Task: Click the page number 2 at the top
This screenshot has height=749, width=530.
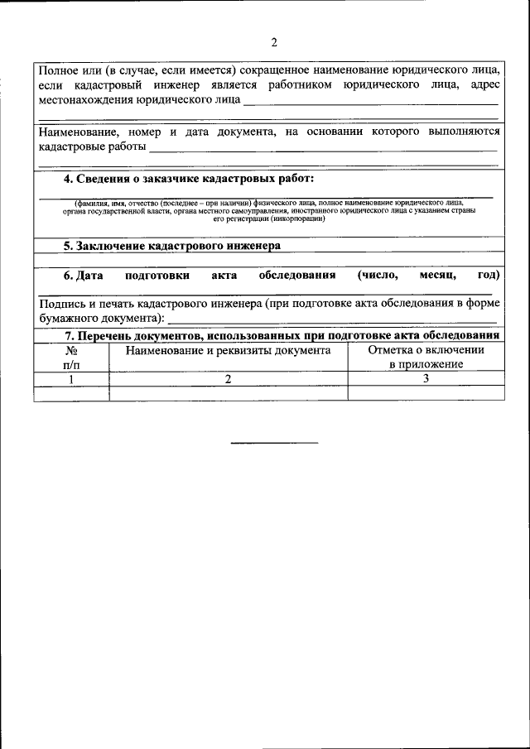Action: [x=274, y=42]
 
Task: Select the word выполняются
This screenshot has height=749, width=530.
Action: [x=463, y=132]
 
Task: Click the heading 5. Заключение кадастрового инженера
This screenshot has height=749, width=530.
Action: [x=172, y=246]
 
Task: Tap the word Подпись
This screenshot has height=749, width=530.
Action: [x=62, y=304]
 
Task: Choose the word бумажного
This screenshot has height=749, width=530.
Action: [x=70, y=318]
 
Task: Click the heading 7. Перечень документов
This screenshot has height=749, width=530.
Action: [x=282, y=335]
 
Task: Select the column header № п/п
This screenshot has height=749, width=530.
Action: [x=71, y=357]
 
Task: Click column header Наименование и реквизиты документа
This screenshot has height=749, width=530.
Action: [x=228, y=350]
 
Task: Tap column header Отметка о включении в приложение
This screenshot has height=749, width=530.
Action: [x=426, y=357]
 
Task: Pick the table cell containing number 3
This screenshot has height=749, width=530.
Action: [x=426, y=378]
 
